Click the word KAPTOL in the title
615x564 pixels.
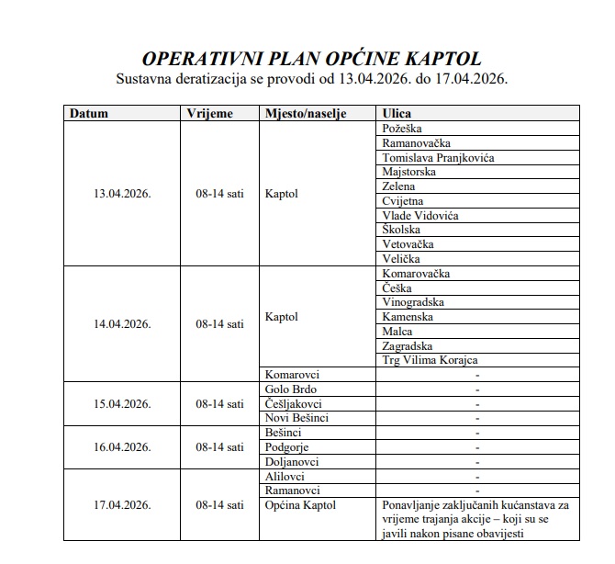point(443,59)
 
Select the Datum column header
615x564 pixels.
point(89,114)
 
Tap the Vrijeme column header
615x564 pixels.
point(209,114)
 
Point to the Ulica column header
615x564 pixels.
point(397,114)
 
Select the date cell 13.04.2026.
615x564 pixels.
point(122,194)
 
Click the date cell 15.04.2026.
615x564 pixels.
point(122,403)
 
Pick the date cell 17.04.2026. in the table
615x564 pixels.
point(122,504)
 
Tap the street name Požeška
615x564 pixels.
point(401,129)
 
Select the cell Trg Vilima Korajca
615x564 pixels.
point(429,360)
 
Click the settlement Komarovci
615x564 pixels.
point(293,375)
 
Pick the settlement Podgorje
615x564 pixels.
point(287,446)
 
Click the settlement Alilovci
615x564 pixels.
point(285,476)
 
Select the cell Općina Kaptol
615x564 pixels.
point(300,504)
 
